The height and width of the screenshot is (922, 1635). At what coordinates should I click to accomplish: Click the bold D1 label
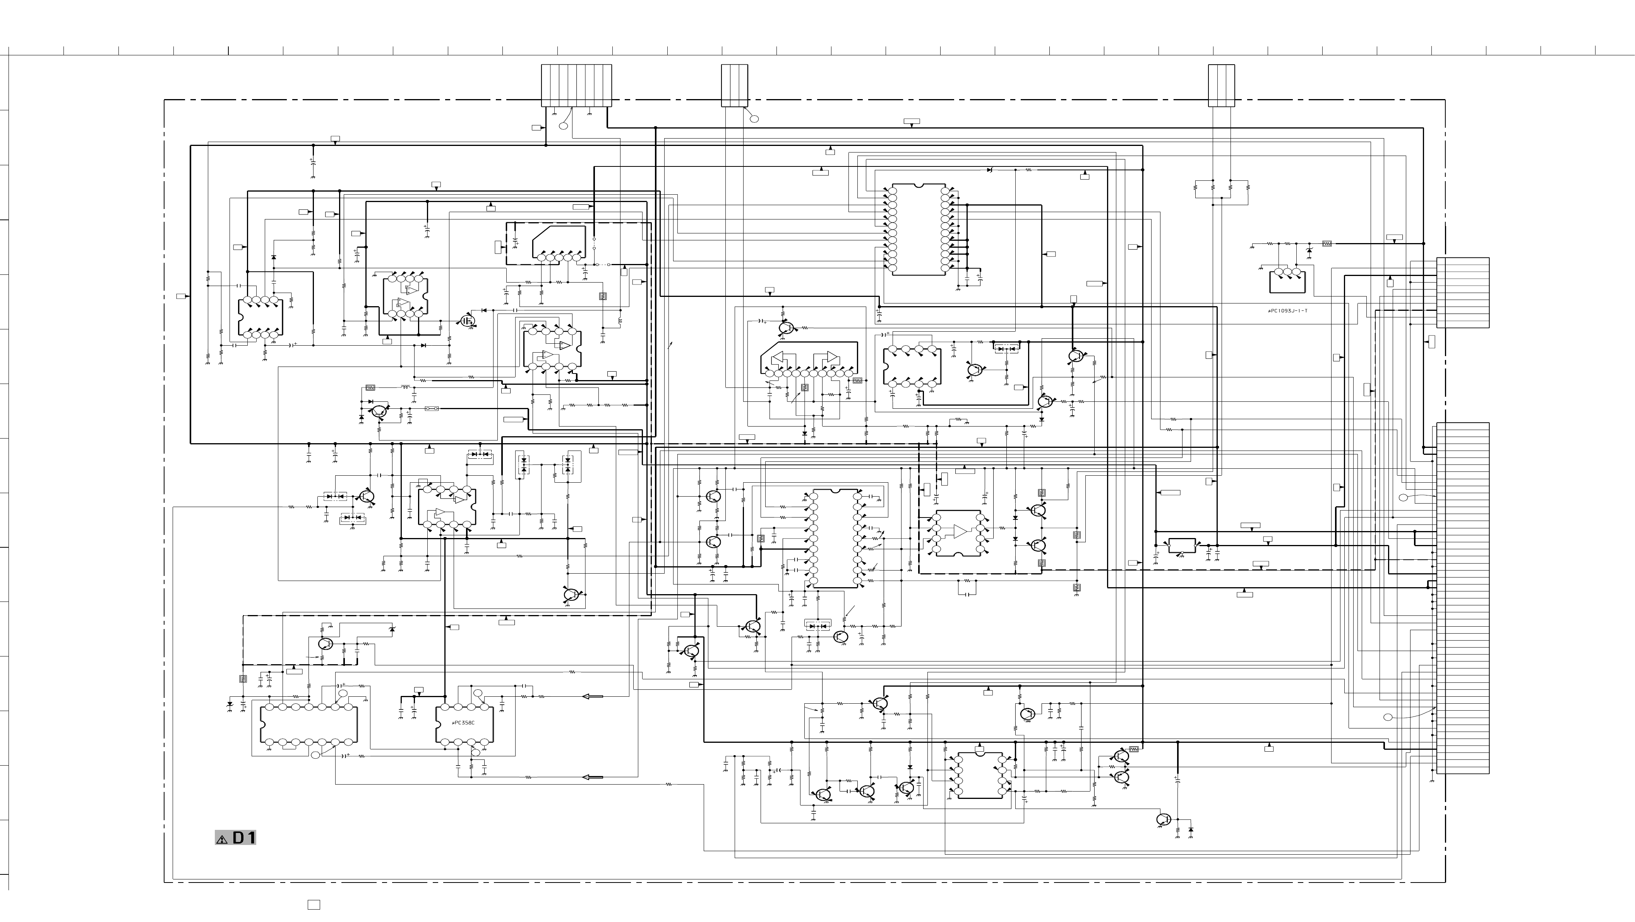(x=244, y=838)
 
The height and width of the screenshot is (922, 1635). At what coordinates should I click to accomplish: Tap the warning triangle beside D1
(x=221, y=839)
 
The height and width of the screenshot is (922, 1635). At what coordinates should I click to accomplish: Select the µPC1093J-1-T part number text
(x=1287, y=311)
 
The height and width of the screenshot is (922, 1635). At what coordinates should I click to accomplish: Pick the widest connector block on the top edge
(x=576, y=85)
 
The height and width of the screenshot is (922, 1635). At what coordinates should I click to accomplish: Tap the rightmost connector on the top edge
(x=1221, y=85)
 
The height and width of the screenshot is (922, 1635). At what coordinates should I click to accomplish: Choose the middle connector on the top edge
(x=734, y=85)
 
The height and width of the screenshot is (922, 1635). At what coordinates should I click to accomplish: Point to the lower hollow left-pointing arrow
(x=592, y=777)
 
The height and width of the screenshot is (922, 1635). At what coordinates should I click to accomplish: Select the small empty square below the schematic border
(x=314, y=904)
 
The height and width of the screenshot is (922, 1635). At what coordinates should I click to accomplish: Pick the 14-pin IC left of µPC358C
(x=308, y=725)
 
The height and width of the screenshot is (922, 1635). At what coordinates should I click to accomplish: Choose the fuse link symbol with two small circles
(x=432, y=409)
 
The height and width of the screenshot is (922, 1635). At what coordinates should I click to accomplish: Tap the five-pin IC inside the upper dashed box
(x=559, y=244)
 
